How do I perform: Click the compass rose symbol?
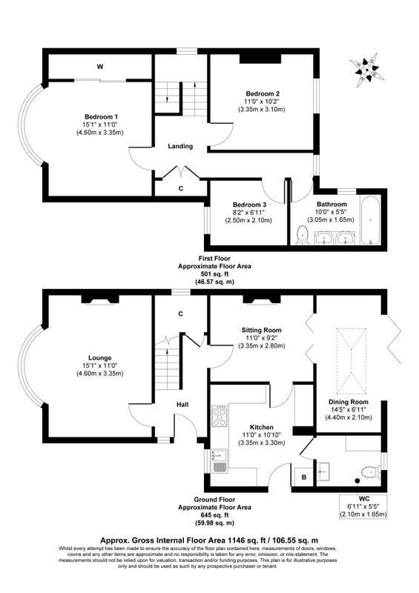coord(366,70)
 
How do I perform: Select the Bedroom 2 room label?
coord(263,94)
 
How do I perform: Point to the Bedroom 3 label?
coord(247,205)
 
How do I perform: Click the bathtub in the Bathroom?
coord(370,220)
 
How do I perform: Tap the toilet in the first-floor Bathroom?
coord(303,235)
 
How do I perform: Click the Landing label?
coord(180,146)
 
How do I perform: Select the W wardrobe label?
coord(100,67)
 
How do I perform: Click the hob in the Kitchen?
coord(220,416)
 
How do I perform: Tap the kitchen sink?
coord(220,460)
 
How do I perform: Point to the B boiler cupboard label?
coord(304,477)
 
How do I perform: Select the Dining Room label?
coord(349,402)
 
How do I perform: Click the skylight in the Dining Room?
coord(352,361)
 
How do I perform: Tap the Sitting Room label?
coord(262,330)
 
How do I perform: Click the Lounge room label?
coord(100,358)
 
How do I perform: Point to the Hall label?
coord(182,405)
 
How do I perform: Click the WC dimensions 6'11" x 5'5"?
coord(363,506)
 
